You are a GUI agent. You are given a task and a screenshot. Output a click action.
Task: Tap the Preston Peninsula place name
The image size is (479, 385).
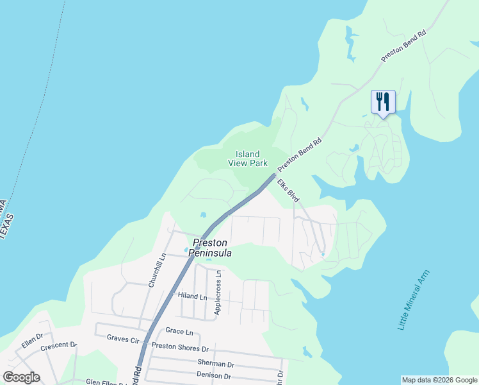[209, 248]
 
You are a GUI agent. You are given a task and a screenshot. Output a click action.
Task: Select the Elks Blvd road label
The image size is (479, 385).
[289, 192]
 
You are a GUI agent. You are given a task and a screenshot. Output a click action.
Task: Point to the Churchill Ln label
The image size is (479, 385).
[157, 269]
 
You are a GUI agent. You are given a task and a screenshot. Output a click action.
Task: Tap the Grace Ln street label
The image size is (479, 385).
[179, 332]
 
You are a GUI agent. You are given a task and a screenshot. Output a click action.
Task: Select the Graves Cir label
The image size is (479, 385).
[123, 338]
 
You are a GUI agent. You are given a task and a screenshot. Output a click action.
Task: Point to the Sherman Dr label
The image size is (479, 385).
[199, 363]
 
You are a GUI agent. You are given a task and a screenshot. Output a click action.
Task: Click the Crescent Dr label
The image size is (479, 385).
[58, 346]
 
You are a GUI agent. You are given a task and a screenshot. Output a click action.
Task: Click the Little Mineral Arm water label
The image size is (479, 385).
[413, 300]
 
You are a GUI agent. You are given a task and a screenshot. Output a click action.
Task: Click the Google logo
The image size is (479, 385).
[21, 377]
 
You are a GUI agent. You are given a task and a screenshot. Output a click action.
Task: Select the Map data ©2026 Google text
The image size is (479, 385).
[439, 380]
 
